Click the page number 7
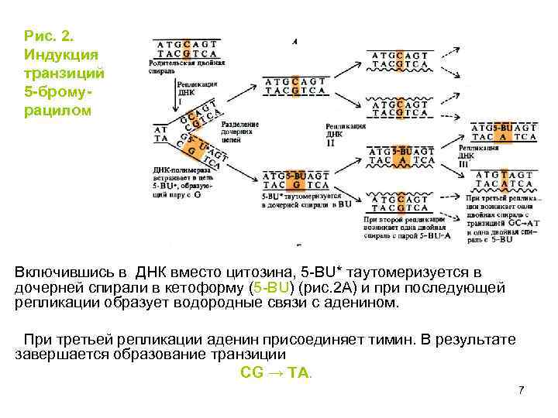click(522, 389)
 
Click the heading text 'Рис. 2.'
click(49, 35)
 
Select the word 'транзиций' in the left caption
click(64, 72)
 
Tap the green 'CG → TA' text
click(276, 372)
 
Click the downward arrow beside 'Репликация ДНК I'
click(174, 93)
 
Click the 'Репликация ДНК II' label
click(345, 133)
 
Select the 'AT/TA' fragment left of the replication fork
click(161, 134)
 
